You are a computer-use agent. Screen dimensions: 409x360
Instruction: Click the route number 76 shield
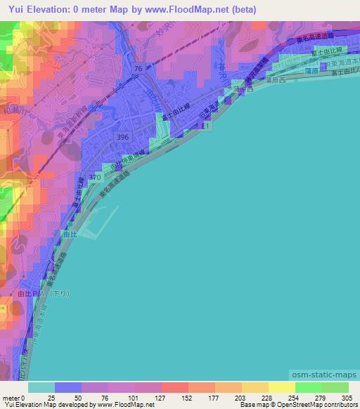point(138,68)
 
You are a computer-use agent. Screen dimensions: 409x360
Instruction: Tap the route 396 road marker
point(123,137)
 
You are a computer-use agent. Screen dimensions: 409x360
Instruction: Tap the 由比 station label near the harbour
point(68,235)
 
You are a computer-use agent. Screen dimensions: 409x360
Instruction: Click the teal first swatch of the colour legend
point(41,387)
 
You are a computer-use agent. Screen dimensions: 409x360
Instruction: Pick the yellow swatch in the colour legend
point(282,387)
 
